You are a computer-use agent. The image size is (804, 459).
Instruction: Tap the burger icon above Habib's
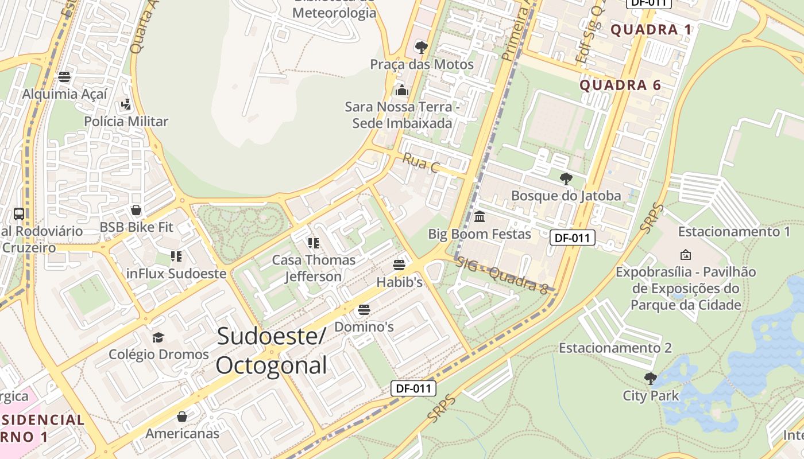coord(399,265)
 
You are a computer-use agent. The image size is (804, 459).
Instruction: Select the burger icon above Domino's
coord(364,310)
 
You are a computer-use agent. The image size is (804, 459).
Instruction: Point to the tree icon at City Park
coord(650,378)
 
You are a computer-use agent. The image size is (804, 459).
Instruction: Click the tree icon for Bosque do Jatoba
coord(566,178)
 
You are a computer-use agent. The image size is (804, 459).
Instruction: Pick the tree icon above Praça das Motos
coord(421,47)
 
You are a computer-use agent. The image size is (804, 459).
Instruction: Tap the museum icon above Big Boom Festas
coord(480,217)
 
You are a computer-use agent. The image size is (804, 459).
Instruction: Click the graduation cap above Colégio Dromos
coord(158,337)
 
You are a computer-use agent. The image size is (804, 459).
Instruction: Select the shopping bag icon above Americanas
coord(182,417)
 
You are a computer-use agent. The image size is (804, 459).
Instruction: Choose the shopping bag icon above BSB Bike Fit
coord(136,210)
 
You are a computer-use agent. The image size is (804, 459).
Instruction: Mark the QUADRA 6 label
coord(620,85)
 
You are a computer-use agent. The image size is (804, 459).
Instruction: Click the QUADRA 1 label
coord(651,30)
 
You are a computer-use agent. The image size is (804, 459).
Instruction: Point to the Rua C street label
coord(420,163)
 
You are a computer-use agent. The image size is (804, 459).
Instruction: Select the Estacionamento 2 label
coord(615,348)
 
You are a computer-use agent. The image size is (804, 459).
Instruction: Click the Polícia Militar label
coord(126,121)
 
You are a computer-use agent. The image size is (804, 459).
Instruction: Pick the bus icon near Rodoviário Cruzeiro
coord(19,214)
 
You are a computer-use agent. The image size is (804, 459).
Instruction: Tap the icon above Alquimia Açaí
coord(64,77)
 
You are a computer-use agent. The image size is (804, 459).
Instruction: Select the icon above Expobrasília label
coord(685,254)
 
